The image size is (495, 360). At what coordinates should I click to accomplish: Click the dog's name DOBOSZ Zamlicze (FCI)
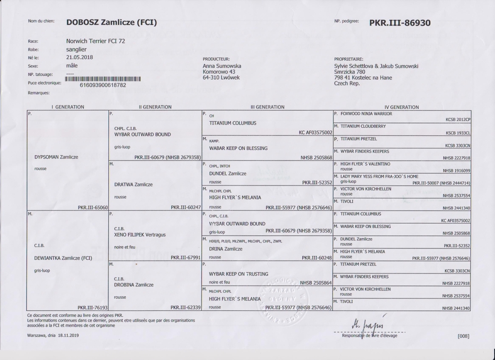pyautogui.click(x=111, y=22)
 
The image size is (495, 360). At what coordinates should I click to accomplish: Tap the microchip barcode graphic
pyautogui.click(x=103, y=79)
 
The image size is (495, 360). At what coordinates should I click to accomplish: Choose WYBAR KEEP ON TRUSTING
pyautogui.click(x=239, y=273)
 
